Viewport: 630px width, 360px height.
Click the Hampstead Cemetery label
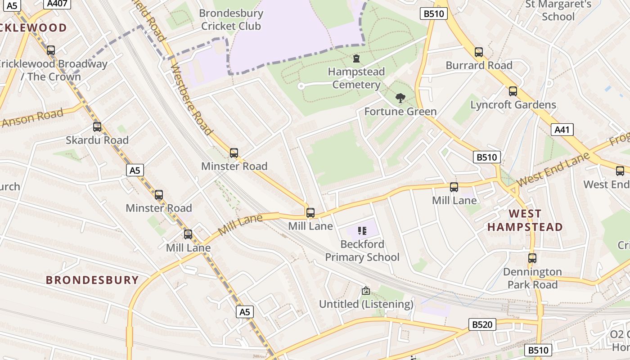356,78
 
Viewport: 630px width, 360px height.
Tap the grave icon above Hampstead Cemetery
356,58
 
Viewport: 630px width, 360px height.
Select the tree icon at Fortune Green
400,98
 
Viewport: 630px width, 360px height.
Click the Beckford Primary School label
362,251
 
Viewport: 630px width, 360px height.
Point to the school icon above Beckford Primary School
362,231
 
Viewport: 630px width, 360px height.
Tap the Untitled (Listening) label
366,304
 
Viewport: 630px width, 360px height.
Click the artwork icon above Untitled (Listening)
365,291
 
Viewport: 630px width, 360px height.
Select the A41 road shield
562,130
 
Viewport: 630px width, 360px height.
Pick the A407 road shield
56,4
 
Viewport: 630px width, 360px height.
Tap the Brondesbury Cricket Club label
231,20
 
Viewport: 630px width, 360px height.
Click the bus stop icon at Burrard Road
479,52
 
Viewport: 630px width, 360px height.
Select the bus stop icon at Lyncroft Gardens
513,92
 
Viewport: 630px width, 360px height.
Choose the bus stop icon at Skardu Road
97,127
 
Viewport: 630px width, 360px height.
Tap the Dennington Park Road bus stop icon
532,258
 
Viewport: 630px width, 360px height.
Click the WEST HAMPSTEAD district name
525,220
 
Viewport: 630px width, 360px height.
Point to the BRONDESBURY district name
92,280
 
